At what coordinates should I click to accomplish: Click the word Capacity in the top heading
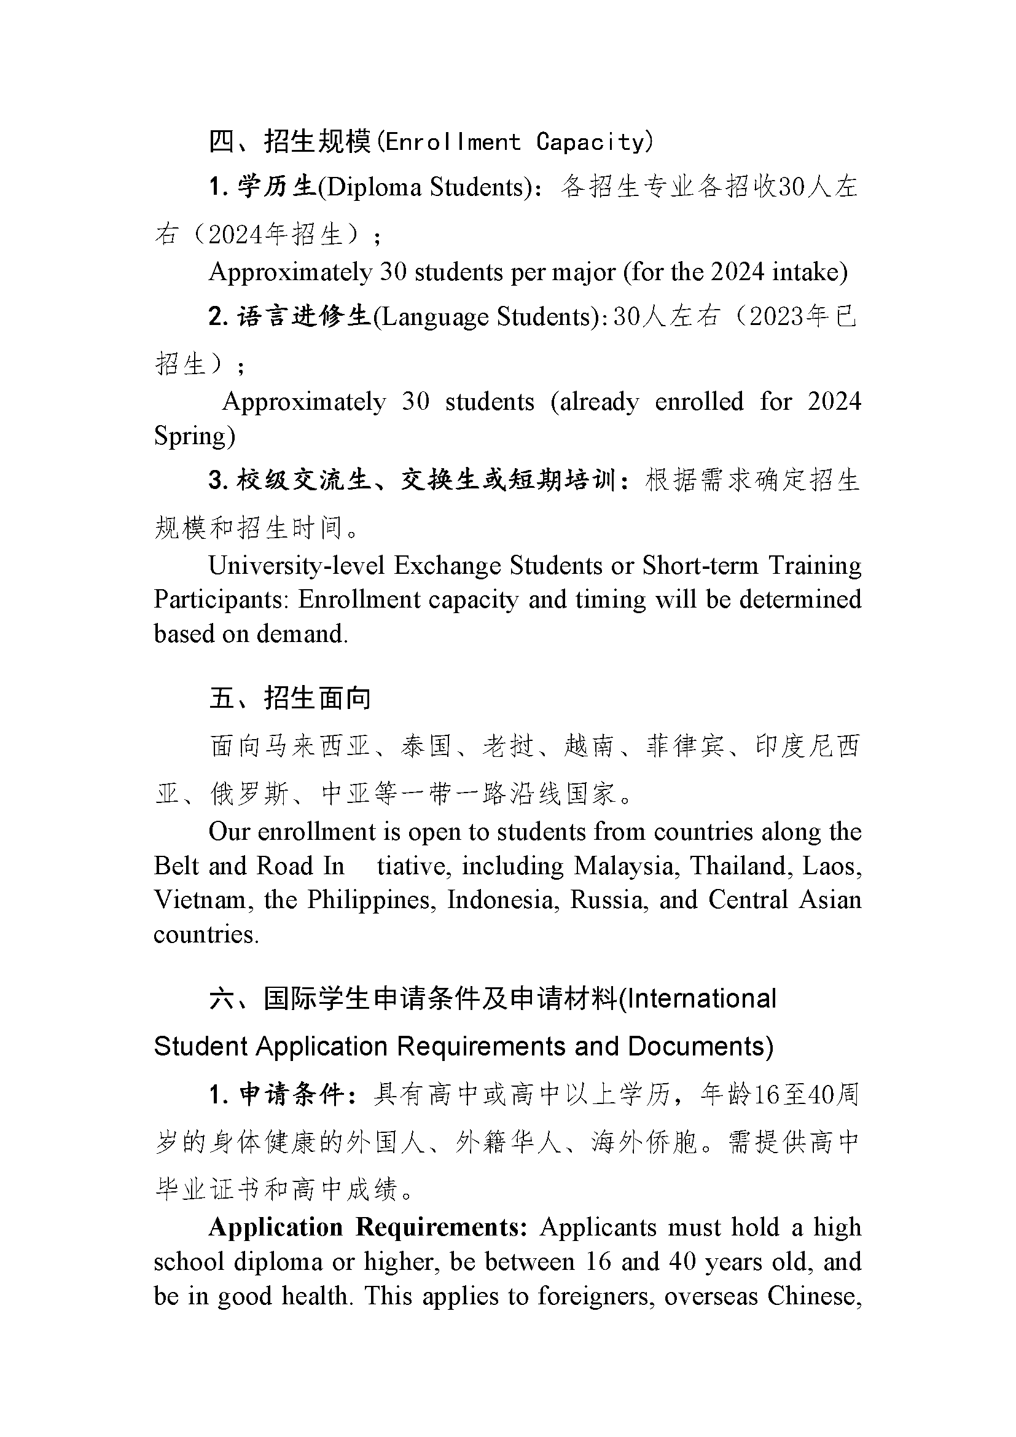tap(590, 143)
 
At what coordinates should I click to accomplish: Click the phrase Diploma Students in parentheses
tap(424, 187)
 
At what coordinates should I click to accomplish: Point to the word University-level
tap(296, 566)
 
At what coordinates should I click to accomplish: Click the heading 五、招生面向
tap(290, 698)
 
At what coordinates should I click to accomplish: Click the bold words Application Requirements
tap(369, 1227)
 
